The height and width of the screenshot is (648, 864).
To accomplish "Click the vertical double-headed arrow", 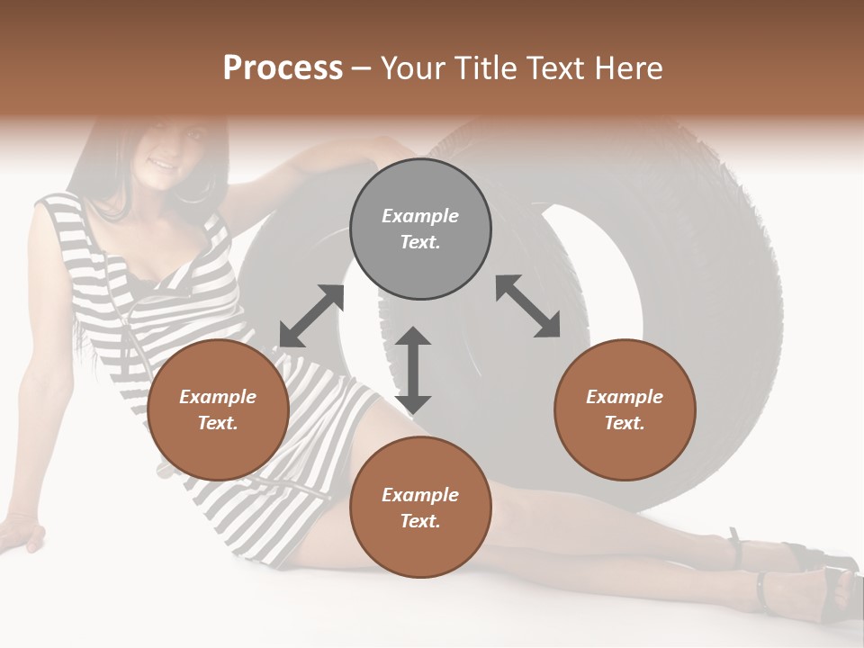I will pos(413,370).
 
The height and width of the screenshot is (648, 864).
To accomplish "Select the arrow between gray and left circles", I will pos(311,316).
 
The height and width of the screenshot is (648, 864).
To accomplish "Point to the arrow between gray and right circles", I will pos(527,306).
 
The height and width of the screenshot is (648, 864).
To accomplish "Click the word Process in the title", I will pos(283,67).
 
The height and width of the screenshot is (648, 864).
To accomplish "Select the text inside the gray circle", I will pos(420,229).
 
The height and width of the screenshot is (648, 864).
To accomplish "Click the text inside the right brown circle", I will pos(625,409).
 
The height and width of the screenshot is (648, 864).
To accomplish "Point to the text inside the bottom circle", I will pos(420,508).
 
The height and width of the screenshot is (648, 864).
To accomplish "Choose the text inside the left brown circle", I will pos(218,409).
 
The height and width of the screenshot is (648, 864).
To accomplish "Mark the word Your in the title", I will pos(410,67).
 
